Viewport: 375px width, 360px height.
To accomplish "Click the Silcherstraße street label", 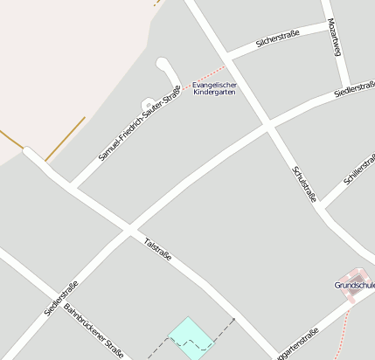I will coord(277,38).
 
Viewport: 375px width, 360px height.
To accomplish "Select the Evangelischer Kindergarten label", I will coord(214,88).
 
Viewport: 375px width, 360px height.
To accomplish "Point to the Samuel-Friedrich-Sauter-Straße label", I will coord(140,123).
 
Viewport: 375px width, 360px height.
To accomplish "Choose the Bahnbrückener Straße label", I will coord(94,331).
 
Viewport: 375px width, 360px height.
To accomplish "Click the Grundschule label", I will coord(355,285).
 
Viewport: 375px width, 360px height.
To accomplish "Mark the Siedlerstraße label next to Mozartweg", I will coord(355,89).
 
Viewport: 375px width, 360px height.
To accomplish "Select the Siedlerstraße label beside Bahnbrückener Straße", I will coord(61,297).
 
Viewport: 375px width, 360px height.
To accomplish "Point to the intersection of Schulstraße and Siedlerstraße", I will coord(267,128).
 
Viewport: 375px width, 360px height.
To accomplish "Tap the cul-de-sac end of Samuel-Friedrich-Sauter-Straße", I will coord(163,64).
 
